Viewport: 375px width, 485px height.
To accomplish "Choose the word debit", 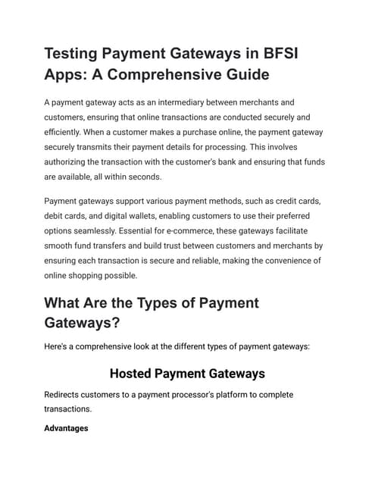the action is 55,215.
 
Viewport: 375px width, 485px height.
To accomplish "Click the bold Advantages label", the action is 66,428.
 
